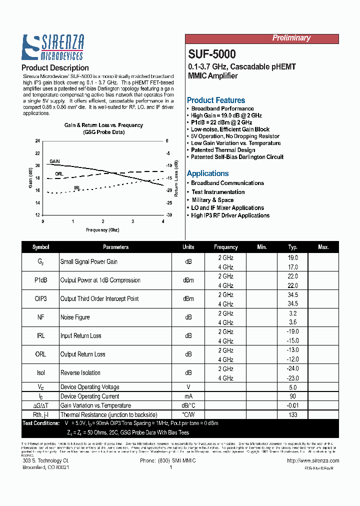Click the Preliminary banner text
(291, 38)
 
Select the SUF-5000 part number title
(212, 54)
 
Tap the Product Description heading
(55, 67)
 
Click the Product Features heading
(216, 100)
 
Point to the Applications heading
(207, 173)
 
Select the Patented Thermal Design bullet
(223, 150)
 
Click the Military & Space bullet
(212, 200)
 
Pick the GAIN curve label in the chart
(54, 161)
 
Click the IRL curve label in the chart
(77, 188)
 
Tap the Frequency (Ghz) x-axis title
(103, 230)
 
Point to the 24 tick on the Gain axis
(37, 141)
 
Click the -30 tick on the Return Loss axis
(169, 215)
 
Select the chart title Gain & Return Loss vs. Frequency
(103, 125)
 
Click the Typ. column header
(292, 247)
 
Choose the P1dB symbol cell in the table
(40, 280)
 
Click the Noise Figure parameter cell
(75, 317)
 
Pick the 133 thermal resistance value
(292, 414)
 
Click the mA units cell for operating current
(188, 396)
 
